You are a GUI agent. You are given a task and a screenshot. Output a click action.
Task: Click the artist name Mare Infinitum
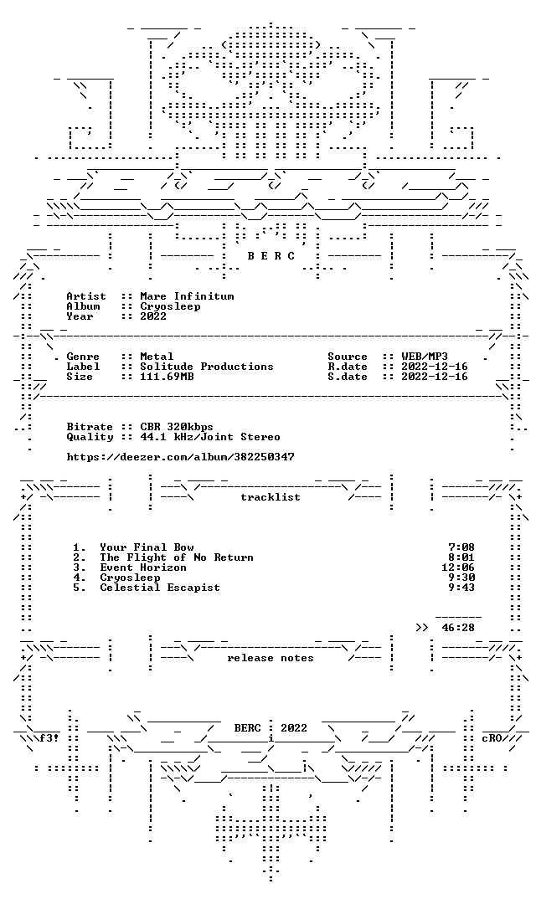pyautogui.click(x=187, y=296)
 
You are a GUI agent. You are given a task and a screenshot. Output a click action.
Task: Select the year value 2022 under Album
pyautogui.click(x=153, y=316)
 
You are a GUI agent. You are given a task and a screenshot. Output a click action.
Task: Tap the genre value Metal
pyautogui.click(x=157, y=357)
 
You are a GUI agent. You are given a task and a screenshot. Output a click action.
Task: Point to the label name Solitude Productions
pyautogui.click(x=207, y=367)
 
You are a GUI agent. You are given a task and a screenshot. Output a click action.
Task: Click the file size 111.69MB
pyautogui.click(x=167, y=377)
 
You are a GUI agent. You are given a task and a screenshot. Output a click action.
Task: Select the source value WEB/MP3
pyautogui.click(x=425, y=357)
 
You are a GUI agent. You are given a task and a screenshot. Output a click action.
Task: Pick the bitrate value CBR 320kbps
pyautogui.click(x=177, y=427)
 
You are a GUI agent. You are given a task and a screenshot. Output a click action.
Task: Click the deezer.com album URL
pyautogui.click(x=181, y=457)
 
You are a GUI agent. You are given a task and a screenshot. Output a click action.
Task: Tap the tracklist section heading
pyautogui.click(x=271, y=497)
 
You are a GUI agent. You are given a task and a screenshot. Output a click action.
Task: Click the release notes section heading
pyautogui.click(x=271, y=658)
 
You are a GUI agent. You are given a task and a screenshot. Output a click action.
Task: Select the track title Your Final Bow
pyautogui.click(x=147, y=547)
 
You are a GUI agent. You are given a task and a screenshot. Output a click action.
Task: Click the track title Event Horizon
pyautogui.click(x=143, y=568)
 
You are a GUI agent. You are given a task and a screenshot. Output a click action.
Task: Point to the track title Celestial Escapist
pyautogui.click(x=160, y=588)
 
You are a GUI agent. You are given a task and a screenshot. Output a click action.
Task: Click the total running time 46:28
pyautogui.click(x=458, y=627)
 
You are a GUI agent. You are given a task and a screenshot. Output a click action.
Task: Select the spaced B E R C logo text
pyautogui.click(x=271, y=256)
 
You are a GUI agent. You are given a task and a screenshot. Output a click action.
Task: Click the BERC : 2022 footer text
pyautogui.click(x=271, y=728)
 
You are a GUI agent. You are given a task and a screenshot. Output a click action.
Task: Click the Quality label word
pyautogui.click(x=90, y=437)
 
